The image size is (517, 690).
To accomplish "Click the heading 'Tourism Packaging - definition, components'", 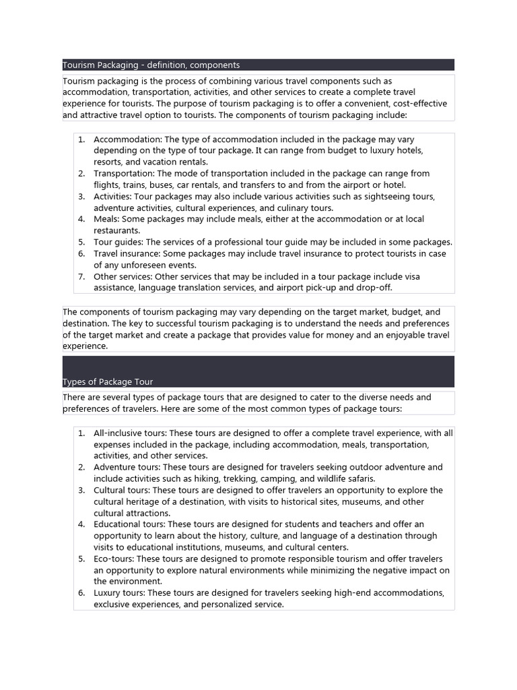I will point(151,65).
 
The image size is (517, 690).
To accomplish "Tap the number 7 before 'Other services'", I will point(81,277).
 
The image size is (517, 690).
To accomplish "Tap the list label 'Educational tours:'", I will point(129,524).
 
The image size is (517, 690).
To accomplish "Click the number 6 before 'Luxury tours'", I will point(81,594).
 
